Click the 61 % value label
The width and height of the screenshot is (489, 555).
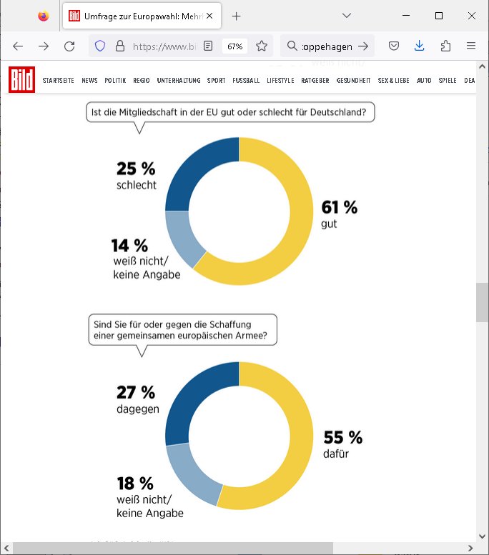[x=340, y=208]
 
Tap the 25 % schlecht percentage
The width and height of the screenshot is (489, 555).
[x=136, y=169]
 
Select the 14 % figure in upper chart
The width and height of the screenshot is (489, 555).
[x=129, y=246]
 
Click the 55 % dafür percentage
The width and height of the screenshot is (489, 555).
[x=343, y=437]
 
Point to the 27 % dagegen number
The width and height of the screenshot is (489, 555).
[x=136, y=393]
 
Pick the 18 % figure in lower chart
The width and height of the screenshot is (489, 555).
[x=135, y=484]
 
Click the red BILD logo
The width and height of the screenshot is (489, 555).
[x=21, y=80]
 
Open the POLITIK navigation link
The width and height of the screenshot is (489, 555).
[x=115, y=81]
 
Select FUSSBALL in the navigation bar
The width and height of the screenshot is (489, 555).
[x=246, y=81]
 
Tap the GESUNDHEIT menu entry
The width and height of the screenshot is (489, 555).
[x=353, y=81]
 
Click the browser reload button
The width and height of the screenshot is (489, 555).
[x=69, y=46]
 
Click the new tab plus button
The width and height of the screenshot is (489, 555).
[x=237, y=16]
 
